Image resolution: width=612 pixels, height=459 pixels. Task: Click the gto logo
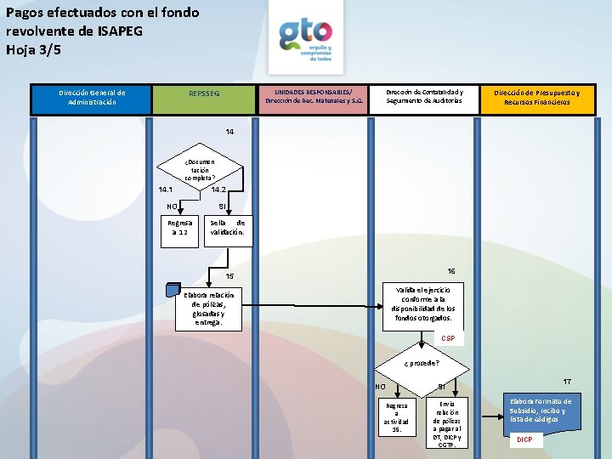[305, 39]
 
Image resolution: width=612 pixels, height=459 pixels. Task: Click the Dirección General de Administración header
[92, 98]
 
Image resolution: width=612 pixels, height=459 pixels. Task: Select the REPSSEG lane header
[204, 93]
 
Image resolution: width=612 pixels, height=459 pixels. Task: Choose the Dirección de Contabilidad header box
[424, 96]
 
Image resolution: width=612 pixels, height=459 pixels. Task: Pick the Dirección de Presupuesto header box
[537, 98]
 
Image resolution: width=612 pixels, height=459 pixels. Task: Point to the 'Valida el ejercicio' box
[423, 303]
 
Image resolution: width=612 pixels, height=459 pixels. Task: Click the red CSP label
[448, 338]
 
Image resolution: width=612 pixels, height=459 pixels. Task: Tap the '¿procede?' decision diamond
[422, 362]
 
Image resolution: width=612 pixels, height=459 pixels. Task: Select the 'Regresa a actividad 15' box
[396, 416]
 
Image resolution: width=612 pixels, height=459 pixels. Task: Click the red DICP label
[525, 439]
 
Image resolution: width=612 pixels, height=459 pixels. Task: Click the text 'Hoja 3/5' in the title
[35, 48]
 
